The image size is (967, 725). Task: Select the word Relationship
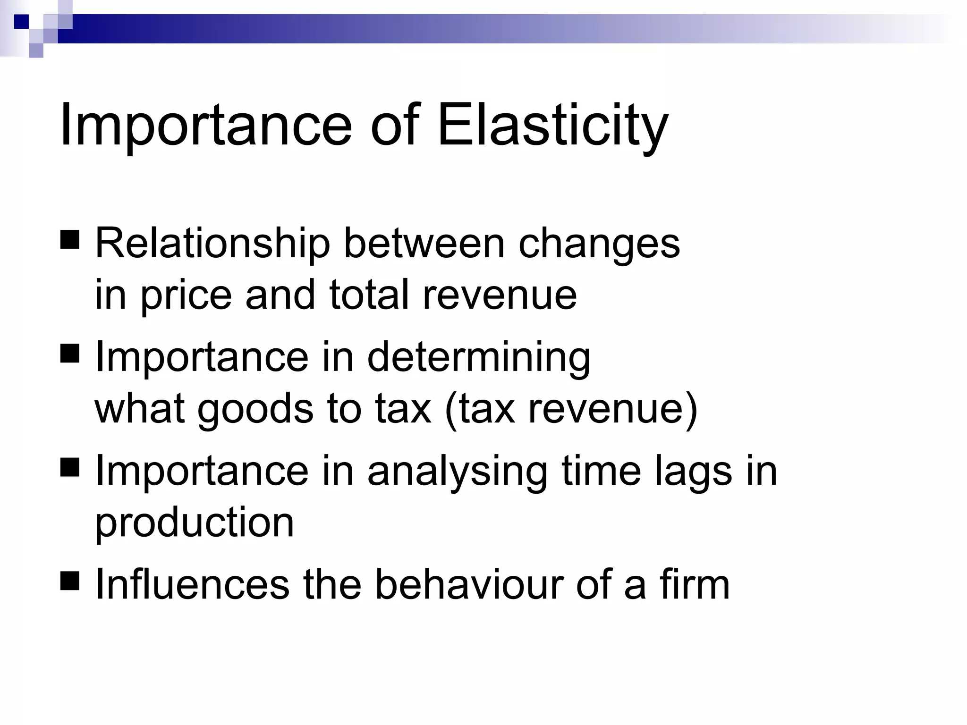(x=212, y=244)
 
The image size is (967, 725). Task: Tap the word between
(x=424, y=244)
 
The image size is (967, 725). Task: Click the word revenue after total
(x=500, y=295)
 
